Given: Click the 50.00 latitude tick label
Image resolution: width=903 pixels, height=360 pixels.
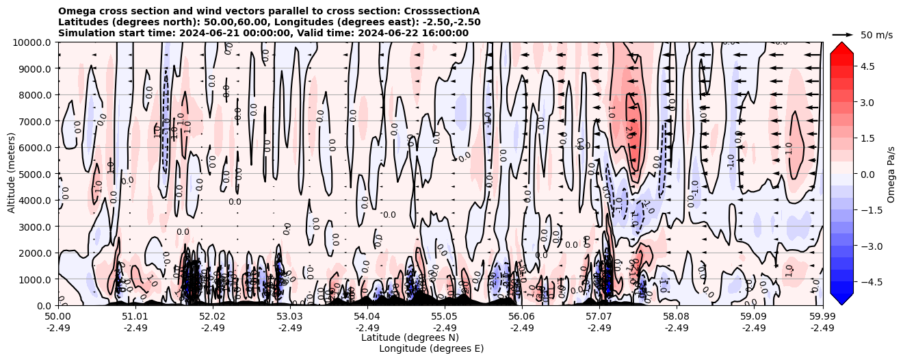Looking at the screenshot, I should (58, 317).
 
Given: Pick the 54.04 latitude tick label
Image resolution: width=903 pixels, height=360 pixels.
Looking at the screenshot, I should (367, 317).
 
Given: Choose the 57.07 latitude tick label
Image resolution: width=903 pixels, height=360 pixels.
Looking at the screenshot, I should (599, 317).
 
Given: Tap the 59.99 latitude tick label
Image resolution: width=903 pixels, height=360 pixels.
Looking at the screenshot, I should (822, 317).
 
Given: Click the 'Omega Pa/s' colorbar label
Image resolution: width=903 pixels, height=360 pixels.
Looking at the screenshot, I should (891, 174).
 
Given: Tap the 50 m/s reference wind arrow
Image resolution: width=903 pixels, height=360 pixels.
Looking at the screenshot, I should (842, 34).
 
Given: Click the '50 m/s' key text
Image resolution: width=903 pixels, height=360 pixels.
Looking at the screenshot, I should (876, 34).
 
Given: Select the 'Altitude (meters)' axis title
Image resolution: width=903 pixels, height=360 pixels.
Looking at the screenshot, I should (12, 174).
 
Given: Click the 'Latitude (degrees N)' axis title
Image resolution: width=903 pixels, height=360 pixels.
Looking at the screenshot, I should (410, 337).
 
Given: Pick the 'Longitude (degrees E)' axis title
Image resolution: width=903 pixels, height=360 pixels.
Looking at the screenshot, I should (431, 348).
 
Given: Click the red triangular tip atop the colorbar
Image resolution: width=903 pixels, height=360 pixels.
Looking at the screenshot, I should (841, 47).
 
